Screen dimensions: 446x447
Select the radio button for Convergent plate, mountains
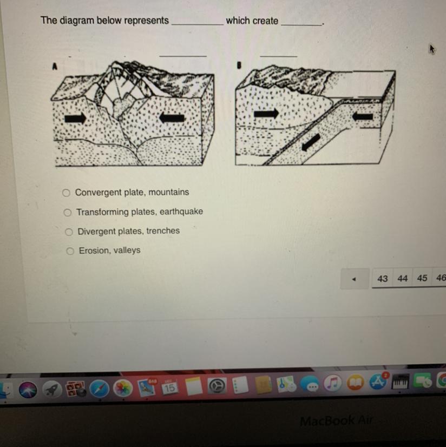click(66, 193)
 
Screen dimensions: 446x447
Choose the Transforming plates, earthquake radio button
click(68, 212)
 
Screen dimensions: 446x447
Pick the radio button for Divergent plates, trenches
click(69, 232)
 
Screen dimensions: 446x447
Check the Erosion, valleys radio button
click(70, 251)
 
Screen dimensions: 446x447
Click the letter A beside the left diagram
click(55, 67)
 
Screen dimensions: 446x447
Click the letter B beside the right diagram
click(239, 65)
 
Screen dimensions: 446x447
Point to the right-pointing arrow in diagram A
click(75, 118)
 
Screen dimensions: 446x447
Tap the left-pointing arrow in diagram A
click(172, 117)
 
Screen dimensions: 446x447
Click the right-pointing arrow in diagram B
click(266, 114)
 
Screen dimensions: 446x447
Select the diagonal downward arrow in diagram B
click(311, 142)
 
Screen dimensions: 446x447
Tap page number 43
click(383, 279)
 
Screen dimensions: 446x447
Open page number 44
click(402, 278)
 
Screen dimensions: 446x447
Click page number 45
click(422, 278)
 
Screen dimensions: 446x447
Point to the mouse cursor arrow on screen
click(432, 49)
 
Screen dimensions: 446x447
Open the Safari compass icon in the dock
click(100, 389)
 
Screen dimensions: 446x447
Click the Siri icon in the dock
click(28, 390)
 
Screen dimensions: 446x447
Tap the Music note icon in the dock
click(332, 383)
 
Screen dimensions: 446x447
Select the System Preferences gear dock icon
click(217, 386)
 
